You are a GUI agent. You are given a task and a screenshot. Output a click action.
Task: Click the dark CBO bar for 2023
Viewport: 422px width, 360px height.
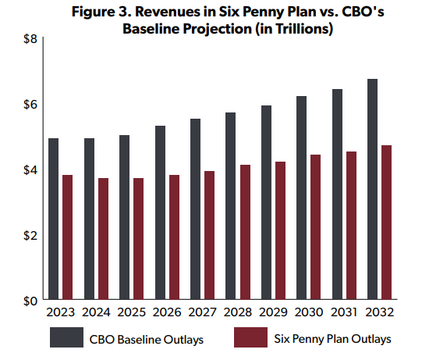(x=54, y=219)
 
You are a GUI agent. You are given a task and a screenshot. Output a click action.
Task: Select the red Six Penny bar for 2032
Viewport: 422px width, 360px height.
(x=386, y=223)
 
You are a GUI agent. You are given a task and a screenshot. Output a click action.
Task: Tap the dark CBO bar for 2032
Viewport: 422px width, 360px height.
(x=373, y=189)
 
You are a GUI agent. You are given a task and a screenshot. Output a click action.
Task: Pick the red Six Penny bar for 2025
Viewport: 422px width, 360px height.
(x=138, y=239)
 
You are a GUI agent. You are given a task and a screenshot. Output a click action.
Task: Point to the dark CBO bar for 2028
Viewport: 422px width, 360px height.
(x=230, y=206)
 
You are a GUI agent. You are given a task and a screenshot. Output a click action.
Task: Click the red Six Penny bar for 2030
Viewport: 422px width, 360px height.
(x=315, y=227)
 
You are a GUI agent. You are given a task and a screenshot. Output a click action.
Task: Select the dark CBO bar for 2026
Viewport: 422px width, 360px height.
(x=161, y=212)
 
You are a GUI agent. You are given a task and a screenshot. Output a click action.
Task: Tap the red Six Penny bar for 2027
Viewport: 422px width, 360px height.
(x=209, y=235)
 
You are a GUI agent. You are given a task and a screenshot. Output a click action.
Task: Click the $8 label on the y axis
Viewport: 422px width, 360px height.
(x=30, y=39)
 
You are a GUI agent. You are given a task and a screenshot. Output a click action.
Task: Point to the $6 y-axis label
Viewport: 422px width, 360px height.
(x=30, y=105)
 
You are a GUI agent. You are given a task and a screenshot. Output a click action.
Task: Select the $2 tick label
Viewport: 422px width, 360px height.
(x=30, y=236)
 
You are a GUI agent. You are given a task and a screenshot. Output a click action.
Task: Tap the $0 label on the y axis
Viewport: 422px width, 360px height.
(x=30, y=301)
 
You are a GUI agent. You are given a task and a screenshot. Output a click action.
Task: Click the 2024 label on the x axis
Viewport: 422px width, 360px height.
(x=96, y=312)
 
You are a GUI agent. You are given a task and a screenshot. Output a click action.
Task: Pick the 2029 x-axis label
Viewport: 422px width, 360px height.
(x=273, y=312)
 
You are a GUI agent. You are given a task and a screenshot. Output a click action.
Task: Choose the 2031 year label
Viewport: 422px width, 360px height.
(x=344, y=312)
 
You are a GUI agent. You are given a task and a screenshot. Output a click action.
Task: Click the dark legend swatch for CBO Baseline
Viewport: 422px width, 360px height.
(x=67, y=337)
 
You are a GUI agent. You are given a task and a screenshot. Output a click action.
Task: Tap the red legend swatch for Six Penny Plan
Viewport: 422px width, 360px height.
(x=251, y=337)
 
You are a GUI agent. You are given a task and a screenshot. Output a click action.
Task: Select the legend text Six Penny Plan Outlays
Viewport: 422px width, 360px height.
(x=332, y=339)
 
